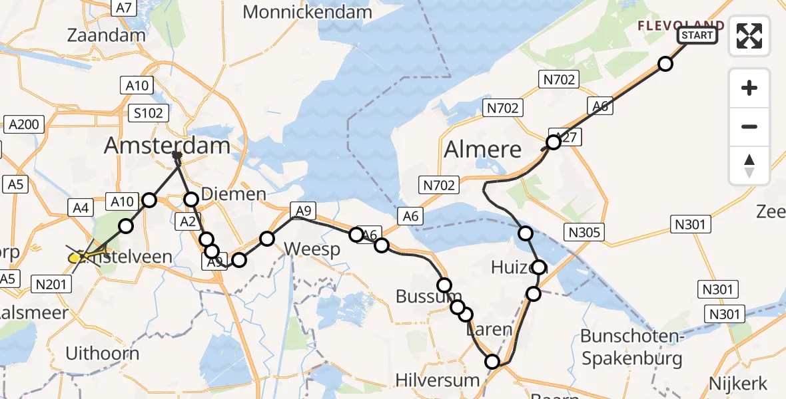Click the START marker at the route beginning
click(x=697, y=35)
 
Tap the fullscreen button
click(x=749, y=36)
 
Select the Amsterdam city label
click(x=167, y=146)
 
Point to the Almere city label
click(x=483, y=149)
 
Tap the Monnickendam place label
click(x=307, y=12)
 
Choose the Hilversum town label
click(x=437, y=380)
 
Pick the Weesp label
click(x=312, y=249)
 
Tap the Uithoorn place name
click(x=103, y=352)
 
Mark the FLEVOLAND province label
click(x=681, y=26)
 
